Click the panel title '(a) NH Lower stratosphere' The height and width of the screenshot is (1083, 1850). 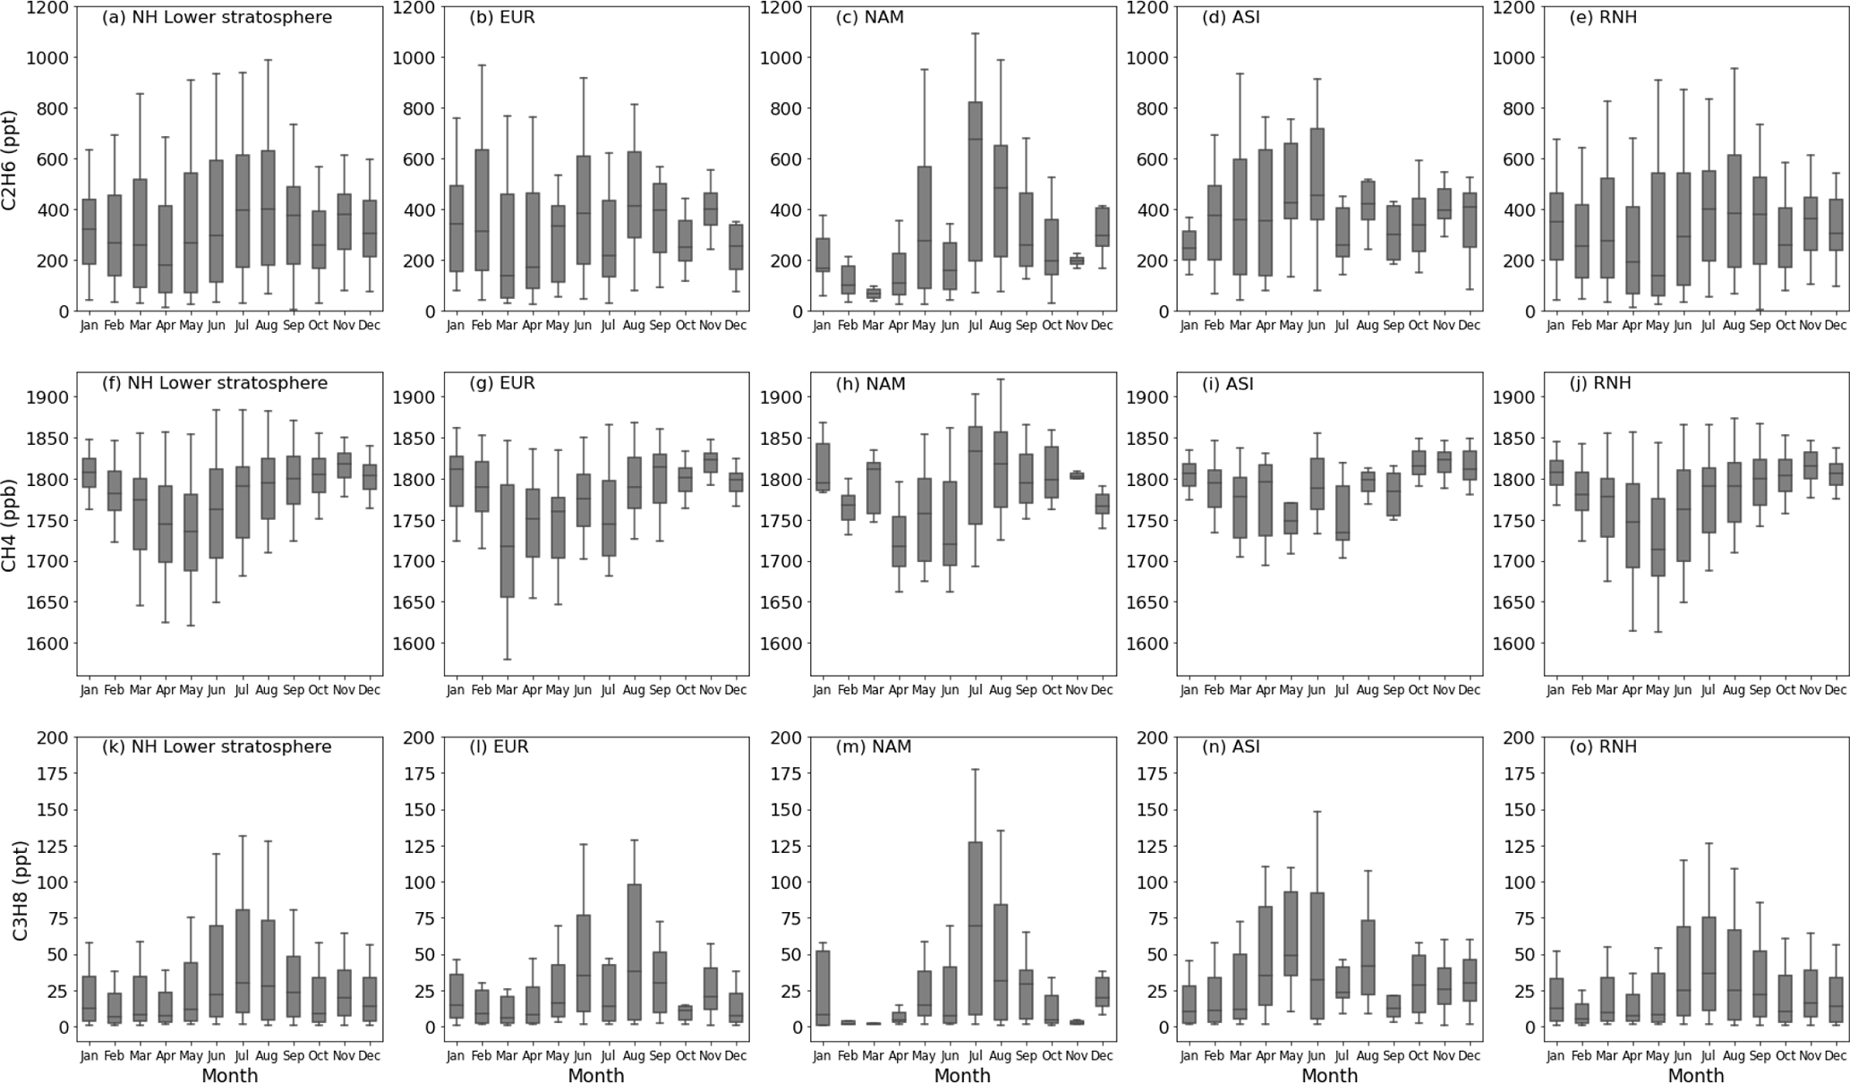pos(217,18)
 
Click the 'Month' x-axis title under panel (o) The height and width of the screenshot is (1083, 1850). pos(1696,1075)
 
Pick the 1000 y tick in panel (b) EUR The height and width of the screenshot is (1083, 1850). pos(416,57)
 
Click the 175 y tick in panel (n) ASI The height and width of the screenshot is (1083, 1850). pos(1153,773)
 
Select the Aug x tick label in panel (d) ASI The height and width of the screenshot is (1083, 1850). pos(1367,326)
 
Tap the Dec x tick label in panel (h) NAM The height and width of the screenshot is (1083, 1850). pos(1102,690)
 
